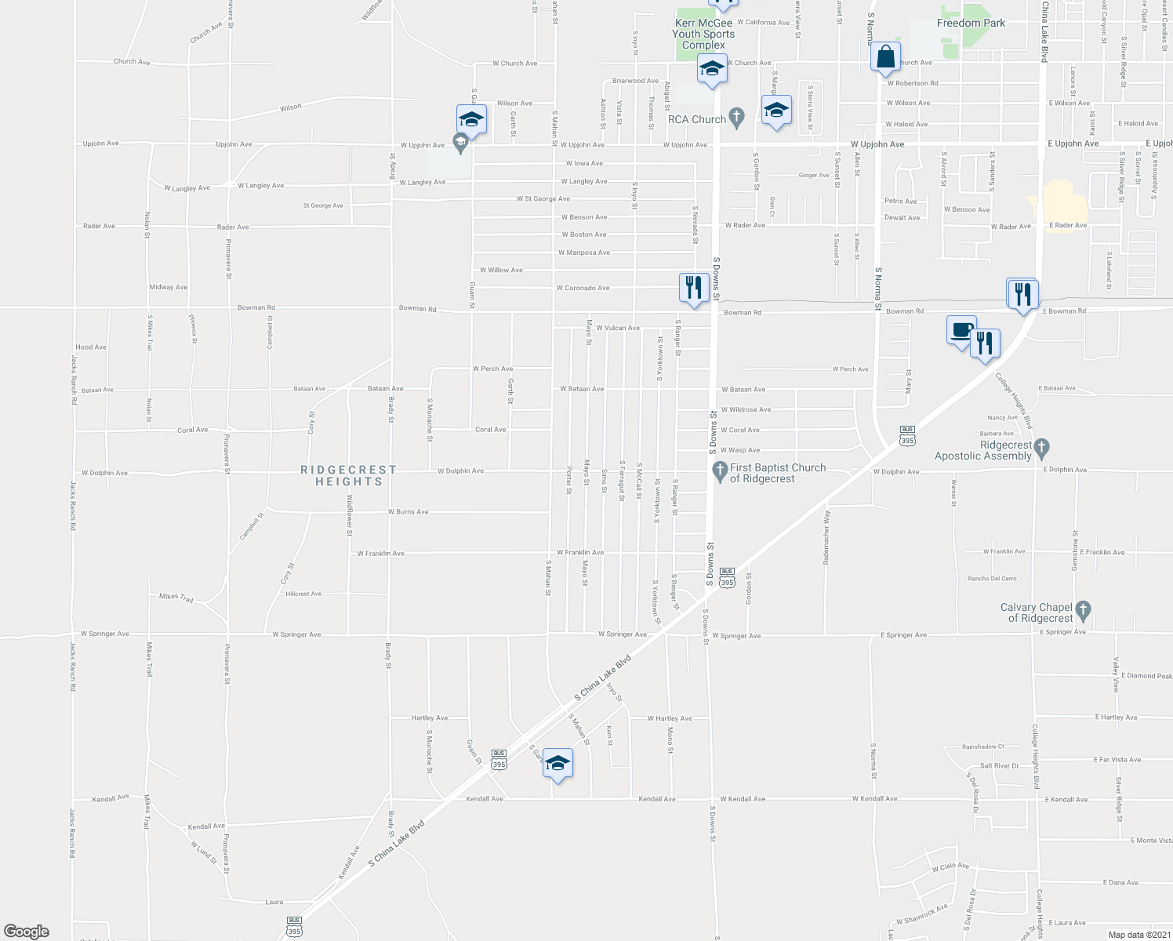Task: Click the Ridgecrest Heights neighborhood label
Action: tap(349, 475)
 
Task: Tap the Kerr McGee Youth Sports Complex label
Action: tap(703, 34)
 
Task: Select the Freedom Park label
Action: tap(971, 23)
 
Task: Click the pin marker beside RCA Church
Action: tap(735, 118)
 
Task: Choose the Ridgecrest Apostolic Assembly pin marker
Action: tap(1041, 449)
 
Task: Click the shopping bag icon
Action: tap(884, 59)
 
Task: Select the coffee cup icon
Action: tap(961, 332)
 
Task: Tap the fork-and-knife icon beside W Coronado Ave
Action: tap(693, 289)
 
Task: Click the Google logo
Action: tap(26, 932)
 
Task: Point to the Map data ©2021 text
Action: tap(1138, 935)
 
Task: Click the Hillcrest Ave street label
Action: tap(303, 594)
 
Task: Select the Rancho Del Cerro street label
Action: tap(992, 579)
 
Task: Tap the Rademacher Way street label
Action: tap(826, 539)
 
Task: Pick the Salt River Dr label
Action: tap(999, 766)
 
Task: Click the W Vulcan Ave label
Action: tap(618, 328)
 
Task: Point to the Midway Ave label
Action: tap(169, 287)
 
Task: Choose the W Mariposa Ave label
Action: tap(583, 253)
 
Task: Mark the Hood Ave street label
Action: tap(91, 347)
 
